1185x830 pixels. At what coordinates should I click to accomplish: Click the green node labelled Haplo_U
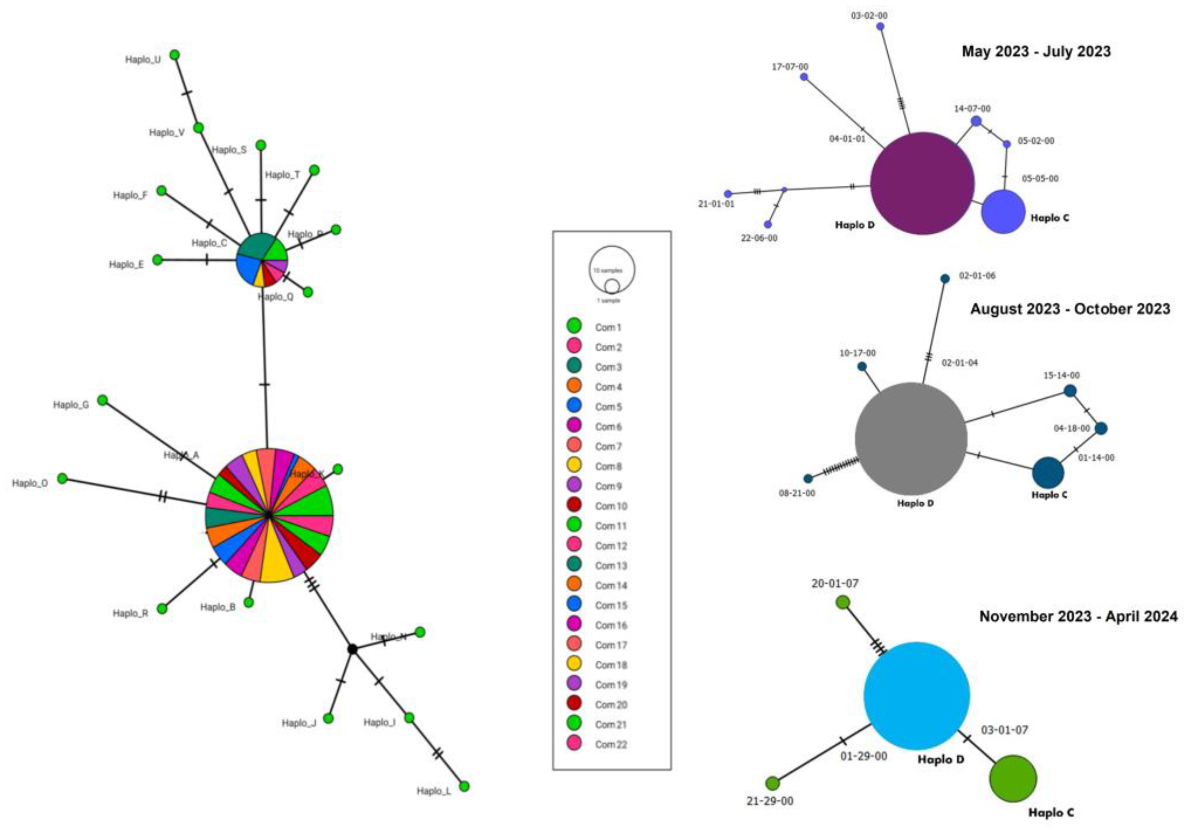tap(175, 55)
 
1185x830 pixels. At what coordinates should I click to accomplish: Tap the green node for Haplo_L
tap(464, 786)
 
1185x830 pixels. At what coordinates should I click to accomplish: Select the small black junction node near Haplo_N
tap(352, 649)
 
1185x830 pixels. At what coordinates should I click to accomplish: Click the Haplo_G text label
tap(71, 405)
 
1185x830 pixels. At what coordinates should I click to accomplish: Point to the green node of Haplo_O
tap(62, 478)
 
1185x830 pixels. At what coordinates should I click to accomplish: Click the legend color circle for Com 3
tap(574, 366)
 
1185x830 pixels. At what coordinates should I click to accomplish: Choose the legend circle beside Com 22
tap(574, 743)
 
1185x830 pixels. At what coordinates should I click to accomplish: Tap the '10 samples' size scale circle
tap(612, 269)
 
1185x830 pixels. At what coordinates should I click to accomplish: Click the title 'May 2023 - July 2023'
tap(1036, 51)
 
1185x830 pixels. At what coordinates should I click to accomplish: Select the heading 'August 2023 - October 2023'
tap(1070, 309)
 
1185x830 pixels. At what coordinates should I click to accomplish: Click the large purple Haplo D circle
tap(922, 183)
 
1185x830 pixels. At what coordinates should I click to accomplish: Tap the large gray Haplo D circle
tap(911, 439)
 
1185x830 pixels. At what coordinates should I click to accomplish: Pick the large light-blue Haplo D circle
tap(916, 696)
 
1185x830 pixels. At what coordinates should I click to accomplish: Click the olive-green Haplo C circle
tap(1013, 779)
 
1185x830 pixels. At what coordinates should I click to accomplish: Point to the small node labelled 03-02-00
tap(881, 26)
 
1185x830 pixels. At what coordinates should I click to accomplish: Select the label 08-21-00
tap(797, 493)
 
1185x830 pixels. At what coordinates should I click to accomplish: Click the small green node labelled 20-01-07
tap(843, 602)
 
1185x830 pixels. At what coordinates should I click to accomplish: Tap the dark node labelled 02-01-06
tap(945, 278)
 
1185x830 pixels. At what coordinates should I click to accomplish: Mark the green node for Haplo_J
tap(328, 718)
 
